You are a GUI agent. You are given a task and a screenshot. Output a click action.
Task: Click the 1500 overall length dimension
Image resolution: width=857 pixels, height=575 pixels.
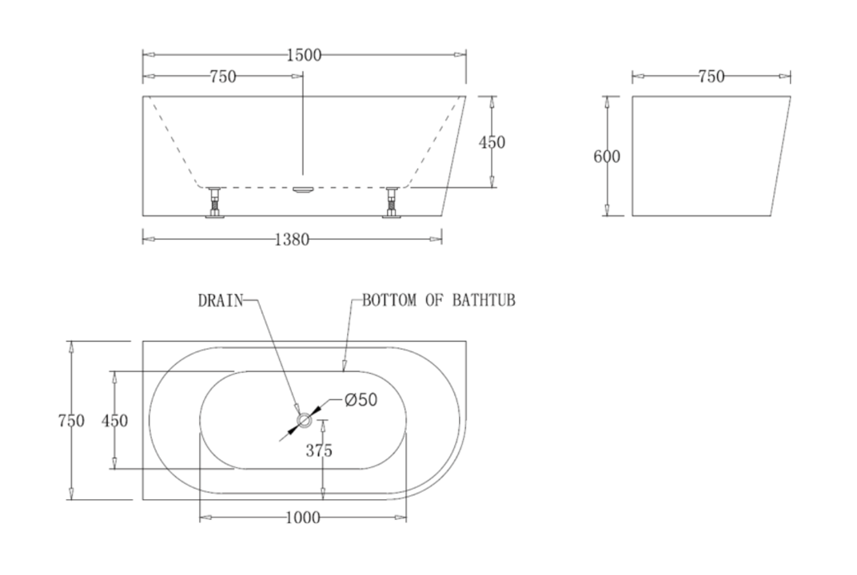tap(304, 55)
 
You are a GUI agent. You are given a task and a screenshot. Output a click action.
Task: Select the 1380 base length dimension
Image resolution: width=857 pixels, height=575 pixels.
tap(292, 239)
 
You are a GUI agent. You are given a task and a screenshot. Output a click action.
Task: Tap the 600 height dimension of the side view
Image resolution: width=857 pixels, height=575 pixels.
tap(607, 157)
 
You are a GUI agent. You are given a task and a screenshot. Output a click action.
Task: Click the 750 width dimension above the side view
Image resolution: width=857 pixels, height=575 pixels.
tap(711, 77)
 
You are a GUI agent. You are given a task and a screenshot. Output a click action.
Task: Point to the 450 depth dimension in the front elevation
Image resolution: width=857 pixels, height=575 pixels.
tap(492, 142)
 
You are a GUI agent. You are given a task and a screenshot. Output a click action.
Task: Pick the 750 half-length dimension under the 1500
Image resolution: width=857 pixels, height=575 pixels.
tap(222, 77)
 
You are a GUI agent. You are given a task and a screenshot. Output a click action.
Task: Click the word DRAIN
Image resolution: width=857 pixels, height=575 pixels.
tap(220, 301)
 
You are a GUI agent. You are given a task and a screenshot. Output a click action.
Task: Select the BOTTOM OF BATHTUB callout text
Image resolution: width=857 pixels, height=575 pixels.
tap(438, 301)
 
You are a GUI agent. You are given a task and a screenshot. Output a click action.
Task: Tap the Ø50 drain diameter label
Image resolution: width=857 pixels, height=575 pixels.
tap(361, 400)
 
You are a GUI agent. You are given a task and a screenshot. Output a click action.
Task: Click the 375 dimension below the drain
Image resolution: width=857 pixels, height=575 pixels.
tap(319, 451)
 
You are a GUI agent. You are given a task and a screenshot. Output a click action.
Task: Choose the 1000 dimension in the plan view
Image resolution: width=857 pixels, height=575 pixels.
tap(302, 518)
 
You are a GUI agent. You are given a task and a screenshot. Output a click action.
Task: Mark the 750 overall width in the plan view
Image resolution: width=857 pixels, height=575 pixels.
tap(71, 421)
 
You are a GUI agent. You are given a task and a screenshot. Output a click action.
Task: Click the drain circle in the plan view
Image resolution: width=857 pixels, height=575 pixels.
tap(304, 420)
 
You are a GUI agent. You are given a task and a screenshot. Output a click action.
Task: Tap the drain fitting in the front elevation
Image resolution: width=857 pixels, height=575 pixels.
tap(303, 190)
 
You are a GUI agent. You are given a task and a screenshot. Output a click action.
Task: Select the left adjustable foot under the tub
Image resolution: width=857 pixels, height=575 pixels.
tap(214, 202)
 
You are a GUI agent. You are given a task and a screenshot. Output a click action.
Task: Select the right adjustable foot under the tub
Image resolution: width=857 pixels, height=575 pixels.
tap(392, 202)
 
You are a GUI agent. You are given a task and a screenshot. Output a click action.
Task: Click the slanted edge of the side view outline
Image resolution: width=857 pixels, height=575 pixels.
tap(781, 157)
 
